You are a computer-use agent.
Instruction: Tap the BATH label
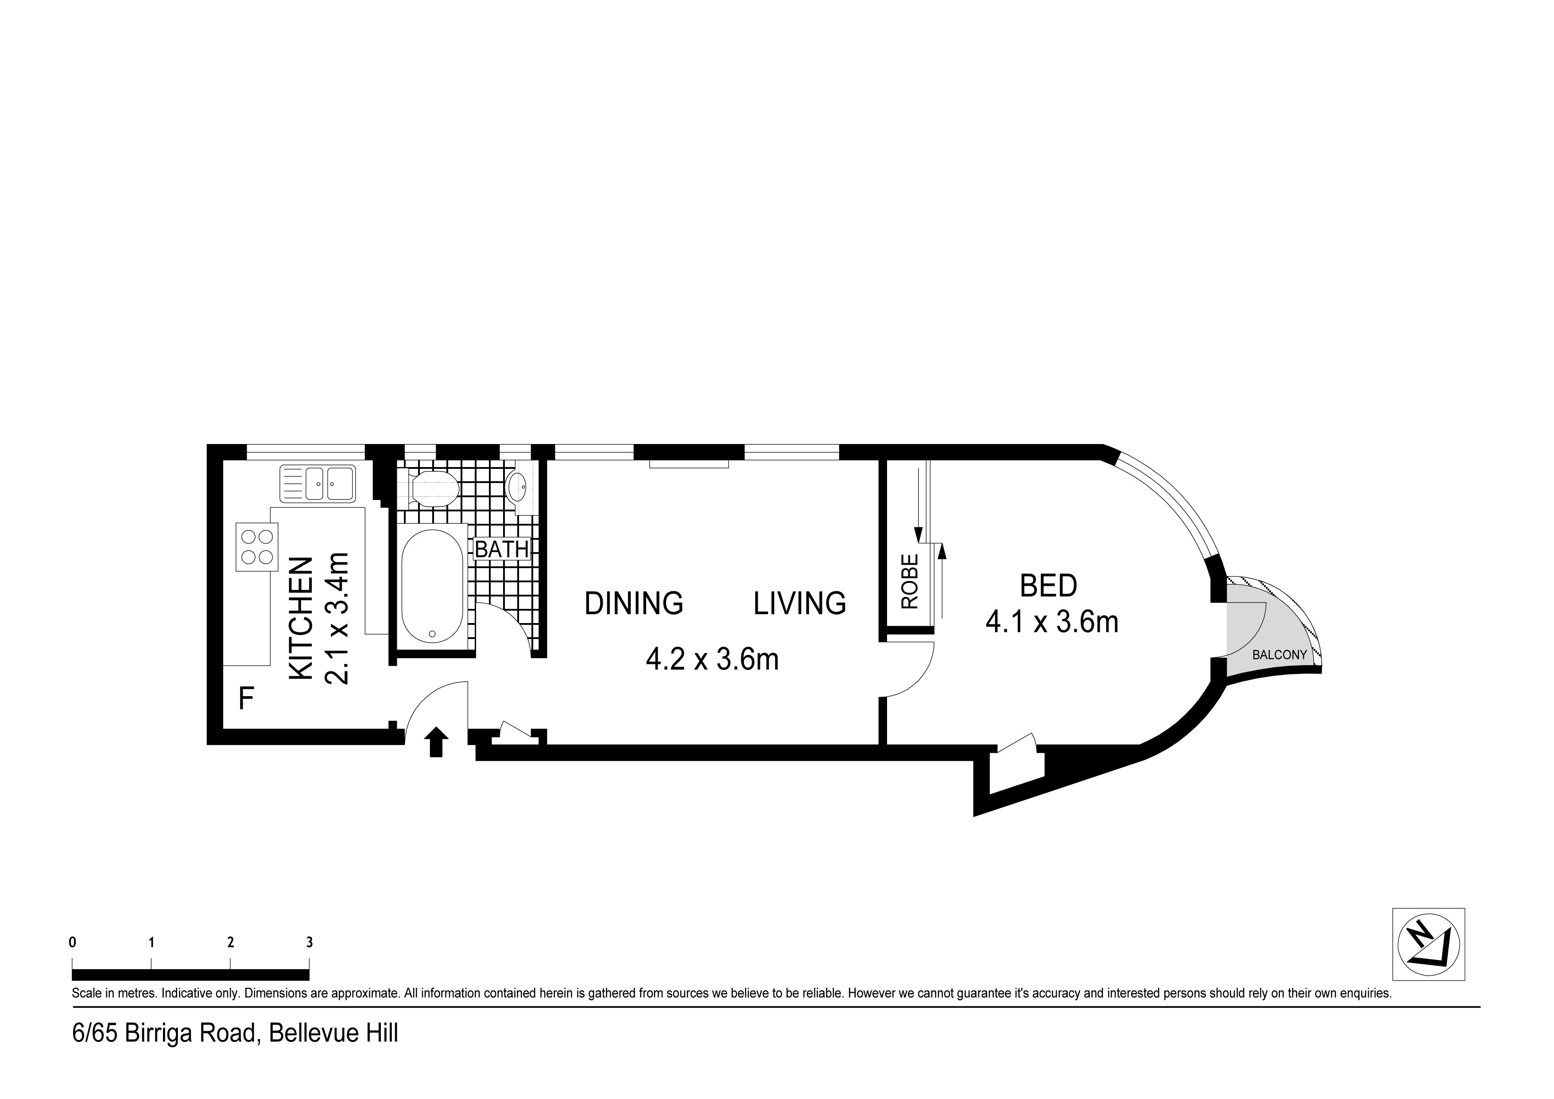coord(501,549)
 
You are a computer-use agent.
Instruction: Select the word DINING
coord(633,603)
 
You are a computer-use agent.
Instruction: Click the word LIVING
coord(799,603)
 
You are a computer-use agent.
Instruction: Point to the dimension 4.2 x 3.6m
coord(712,659)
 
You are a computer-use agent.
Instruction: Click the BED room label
coord(1048,586)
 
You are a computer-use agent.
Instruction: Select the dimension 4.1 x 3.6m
coord(1052,622)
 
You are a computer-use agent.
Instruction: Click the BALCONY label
coord(1279,655)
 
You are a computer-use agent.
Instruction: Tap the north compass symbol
coord(1428,944)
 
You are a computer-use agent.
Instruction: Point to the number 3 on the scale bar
coord(309,942)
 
